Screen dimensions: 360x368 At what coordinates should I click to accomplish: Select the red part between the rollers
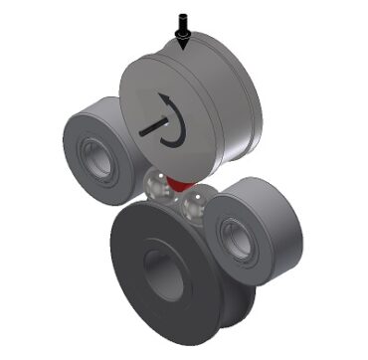click(178, 183)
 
